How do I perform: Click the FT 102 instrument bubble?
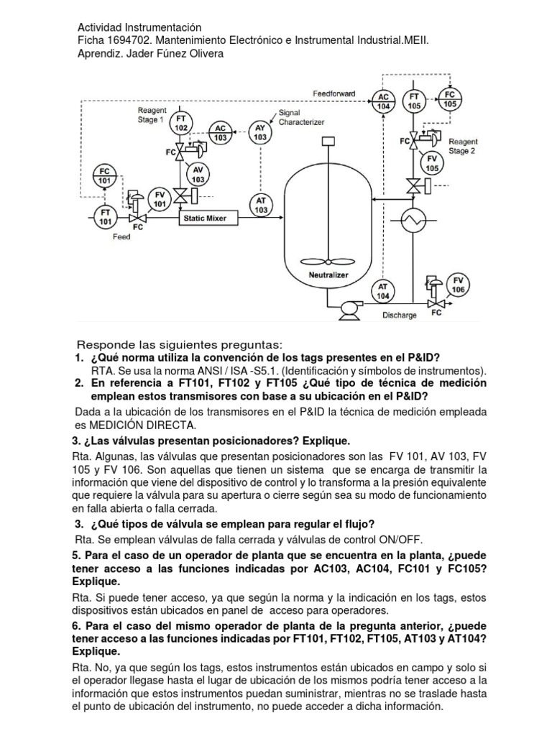(x=180, y=123)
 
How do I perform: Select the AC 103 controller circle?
(x=220, y=132)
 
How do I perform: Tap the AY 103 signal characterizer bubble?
(x=261, y=132)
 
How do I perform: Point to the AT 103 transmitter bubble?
(x=261, y=205)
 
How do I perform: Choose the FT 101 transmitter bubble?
(x=105, y=216)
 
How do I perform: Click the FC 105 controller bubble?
(x=450, y=99)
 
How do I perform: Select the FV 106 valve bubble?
(x=457, y=284)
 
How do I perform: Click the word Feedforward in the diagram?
(x=334, y=94)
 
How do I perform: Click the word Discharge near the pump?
(x=400, y=315)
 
